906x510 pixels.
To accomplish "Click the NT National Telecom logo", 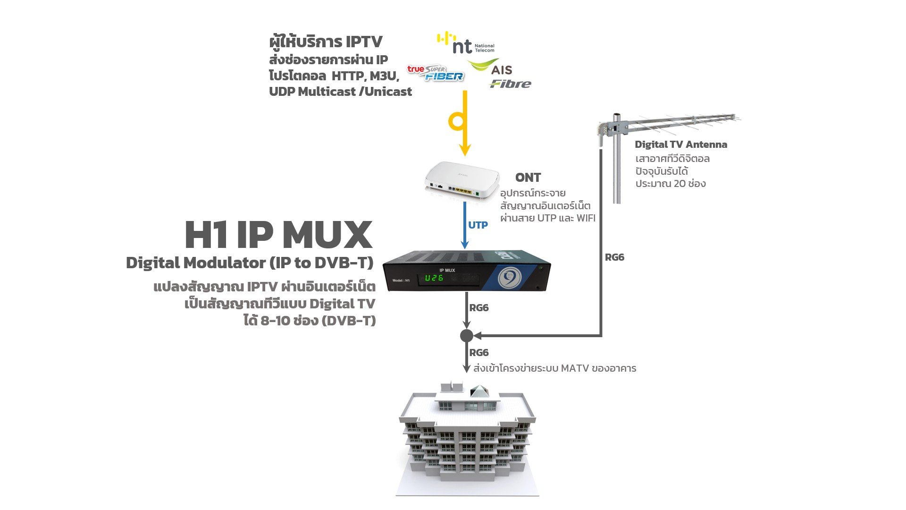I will click(465, 43).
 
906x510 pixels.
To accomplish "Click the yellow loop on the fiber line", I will click(457, 121).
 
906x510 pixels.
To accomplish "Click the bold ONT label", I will click(528, 178).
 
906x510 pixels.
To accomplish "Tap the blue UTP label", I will click(478, 225).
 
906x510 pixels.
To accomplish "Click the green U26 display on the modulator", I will click(434, 278).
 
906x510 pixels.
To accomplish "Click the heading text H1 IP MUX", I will click(278, 235).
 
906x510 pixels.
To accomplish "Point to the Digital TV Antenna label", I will click(680, 144).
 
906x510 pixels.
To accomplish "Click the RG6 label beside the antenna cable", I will click(614, 257).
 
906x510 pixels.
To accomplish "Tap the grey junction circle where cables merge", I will click(466, 336).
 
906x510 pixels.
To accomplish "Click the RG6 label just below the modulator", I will click(478, 308).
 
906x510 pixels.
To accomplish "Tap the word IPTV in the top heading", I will click(364, 42).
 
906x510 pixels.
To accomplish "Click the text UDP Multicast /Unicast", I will click(340, 92).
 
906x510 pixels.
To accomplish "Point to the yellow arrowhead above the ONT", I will click(465, 150).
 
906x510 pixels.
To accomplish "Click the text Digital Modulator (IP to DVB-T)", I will click(250, 263).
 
